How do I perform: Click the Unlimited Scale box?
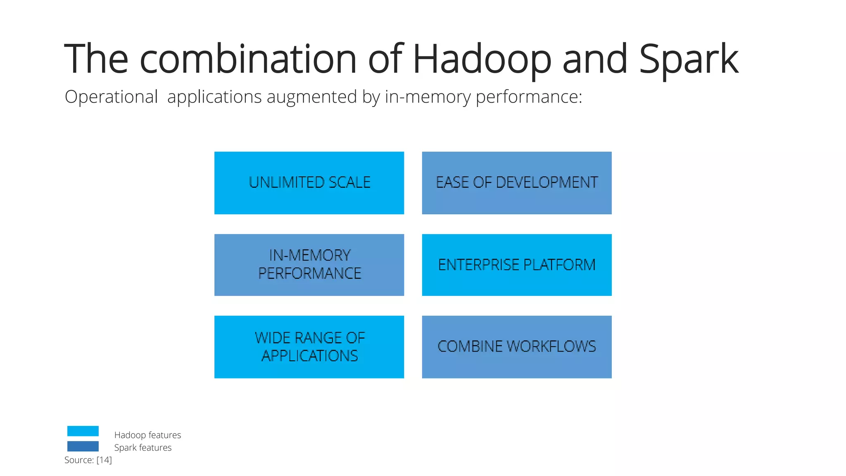click(x=309, y=183)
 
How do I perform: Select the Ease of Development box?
click(x=516, y=183)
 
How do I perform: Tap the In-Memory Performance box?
click(x=309, y=265)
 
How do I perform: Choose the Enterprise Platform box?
click(x=516, y=265)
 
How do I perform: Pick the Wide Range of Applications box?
click(x=309, y=347)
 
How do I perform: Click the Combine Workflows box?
click(x=516, y=347)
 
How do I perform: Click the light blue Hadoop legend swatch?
click(x=83, y=431)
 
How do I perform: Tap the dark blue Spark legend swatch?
click(x=83, y=446)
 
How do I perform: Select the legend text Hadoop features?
click(x=147, y=435)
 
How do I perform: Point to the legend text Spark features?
click(x=143, y=447)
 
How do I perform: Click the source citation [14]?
click(x=104, y=460)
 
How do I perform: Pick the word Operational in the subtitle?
click(x=111, y=97)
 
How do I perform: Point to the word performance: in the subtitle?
click(x=529, y=97)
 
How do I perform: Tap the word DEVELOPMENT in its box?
click(x=547, y=182)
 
